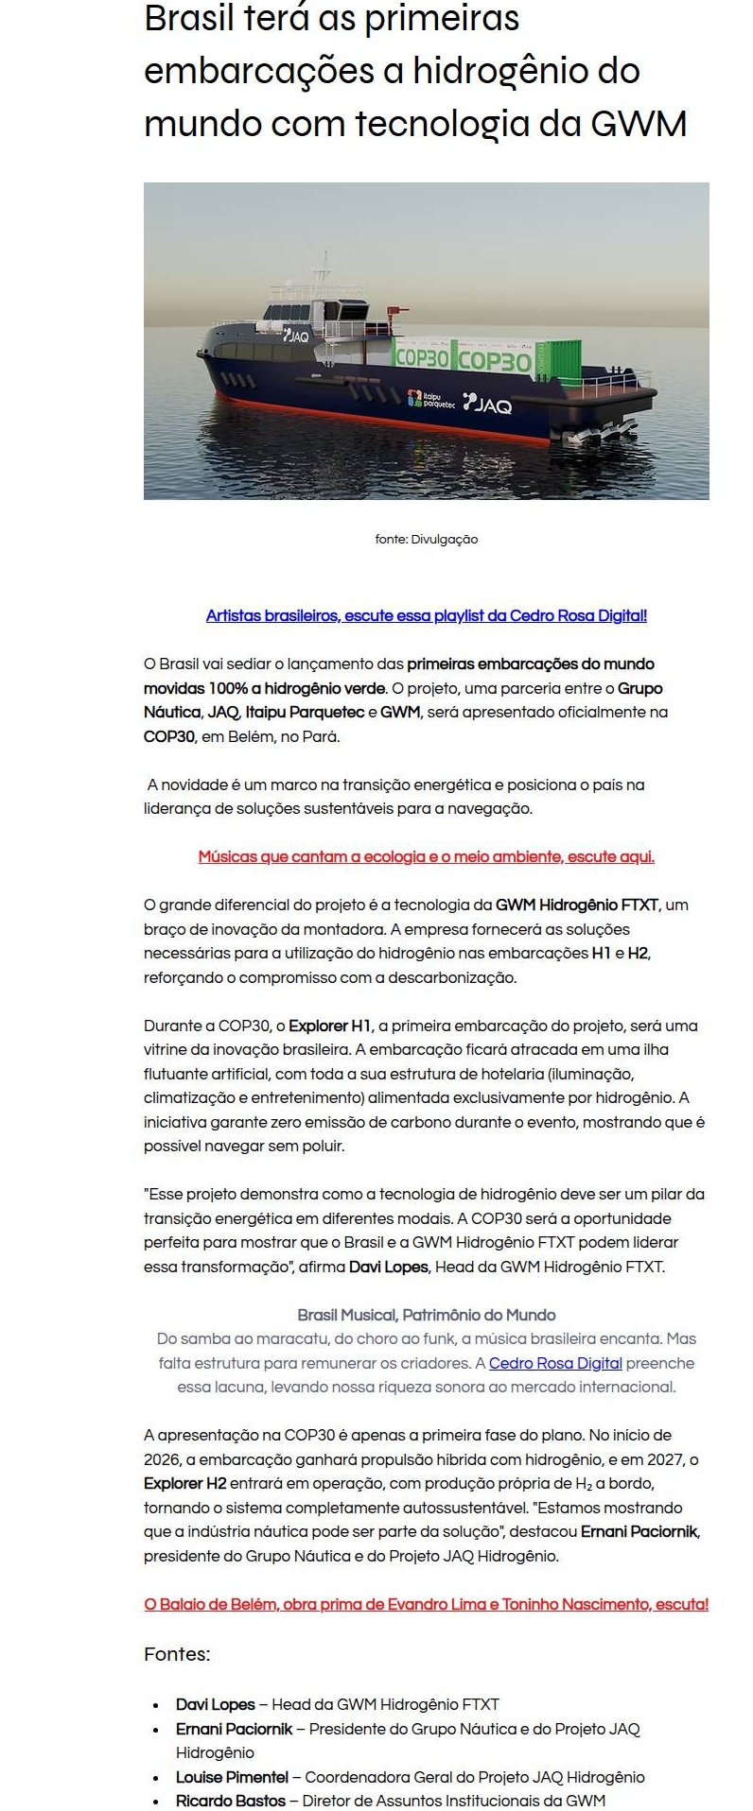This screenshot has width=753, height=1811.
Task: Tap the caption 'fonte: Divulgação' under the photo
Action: click(x=427, y=540)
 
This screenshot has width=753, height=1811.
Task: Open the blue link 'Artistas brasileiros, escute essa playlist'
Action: click(x=426, y=616)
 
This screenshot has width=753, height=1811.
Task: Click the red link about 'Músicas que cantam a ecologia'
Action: click(x=426, y=857)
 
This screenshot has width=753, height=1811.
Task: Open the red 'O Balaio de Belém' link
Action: click(x=426, y=1604)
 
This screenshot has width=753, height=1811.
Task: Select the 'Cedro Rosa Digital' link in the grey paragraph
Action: click(x=555, y=1363)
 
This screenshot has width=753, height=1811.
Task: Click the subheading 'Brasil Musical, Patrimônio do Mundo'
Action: click(x=426, y=1315)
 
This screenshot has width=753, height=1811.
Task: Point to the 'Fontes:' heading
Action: click(x=177, y=1654)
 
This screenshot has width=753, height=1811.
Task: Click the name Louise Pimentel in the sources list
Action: click(x=232, y=1777)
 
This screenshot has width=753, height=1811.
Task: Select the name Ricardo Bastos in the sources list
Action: click(x=230, y=1801)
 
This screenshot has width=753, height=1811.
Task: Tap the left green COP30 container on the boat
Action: click(x=421, y=358)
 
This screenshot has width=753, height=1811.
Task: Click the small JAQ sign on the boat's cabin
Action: click(x=296, y=334)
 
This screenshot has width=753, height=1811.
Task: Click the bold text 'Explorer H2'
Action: click(x=184, y=1484)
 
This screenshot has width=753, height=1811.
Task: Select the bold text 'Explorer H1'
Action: click(x=330, y=1026)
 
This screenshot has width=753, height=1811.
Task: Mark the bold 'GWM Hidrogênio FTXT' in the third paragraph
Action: click(x=577, y=905)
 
